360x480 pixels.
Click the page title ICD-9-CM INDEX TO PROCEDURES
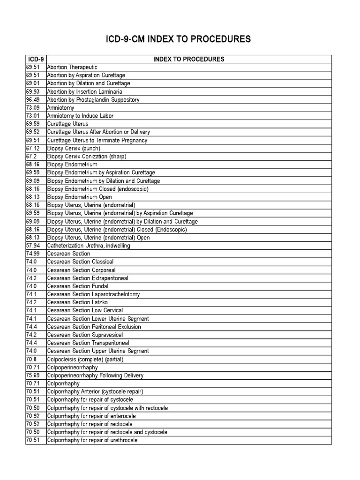click(180, 39)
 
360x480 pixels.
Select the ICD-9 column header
click(36, 59)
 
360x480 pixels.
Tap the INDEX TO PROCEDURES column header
click(189, 59)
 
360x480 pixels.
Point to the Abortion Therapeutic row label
click(72, 67)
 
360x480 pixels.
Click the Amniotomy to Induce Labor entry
click(80, 116)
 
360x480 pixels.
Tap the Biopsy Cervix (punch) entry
click(74, 148)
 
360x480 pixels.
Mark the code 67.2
click(30, 156)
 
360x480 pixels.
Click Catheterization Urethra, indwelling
click(89, 246)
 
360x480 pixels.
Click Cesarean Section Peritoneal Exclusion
click(94, 327)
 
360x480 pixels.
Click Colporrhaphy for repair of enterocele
click(91, 416)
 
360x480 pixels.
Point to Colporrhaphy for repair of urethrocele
click(92, 440)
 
